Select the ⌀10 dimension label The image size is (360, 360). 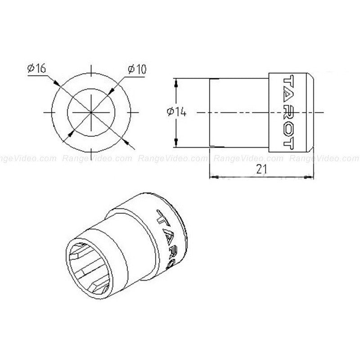pyautogui.click(x=136, y=68)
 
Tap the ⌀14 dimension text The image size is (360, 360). pyautogui.click(x=176, y=112)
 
